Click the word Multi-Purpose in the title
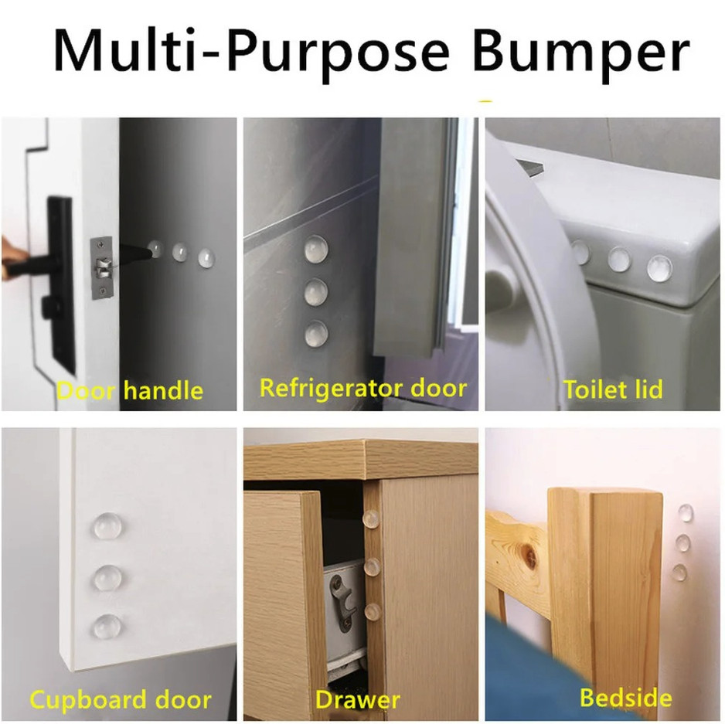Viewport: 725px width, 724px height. [x=256, y=53]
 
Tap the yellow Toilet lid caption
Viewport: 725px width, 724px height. [x=613, y=389]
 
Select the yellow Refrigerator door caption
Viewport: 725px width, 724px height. [x=363, y=387]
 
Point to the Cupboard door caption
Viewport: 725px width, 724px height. [x=120, y=701]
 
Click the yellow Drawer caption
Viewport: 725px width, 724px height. [x=358, y=701]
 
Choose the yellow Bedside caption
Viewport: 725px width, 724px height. [x=625, y=699]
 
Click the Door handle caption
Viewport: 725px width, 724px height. [x=129, y=390]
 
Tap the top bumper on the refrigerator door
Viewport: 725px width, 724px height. [x=315, y=249]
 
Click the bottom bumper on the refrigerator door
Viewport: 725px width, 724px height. [x=315, y=334]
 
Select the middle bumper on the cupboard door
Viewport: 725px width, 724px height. [x=109, y=576]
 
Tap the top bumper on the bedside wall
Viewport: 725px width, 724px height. [x=685, y=512]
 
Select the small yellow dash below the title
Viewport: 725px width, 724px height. [x=485, y=100]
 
